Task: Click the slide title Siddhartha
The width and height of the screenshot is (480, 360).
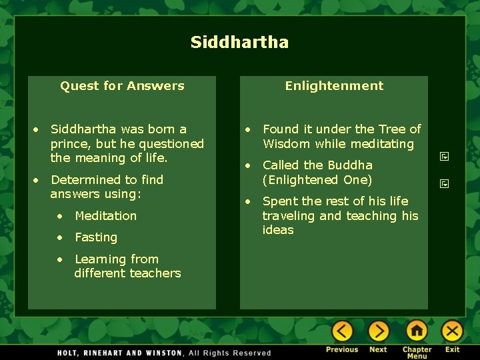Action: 239,43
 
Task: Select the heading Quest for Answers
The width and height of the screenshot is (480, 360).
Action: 122,85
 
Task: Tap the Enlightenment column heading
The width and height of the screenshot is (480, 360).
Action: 334,85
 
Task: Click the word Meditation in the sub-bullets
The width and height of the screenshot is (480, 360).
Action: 105,215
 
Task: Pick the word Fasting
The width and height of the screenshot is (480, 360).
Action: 96,237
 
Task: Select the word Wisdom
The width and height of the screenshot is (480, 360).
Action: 287,144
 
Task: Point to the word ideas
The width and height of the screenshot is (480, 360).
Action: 278,230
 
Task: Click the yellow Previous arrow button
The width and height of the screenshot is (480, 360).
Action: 342,331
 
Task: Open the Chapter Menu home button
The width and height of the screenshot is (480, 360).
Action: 417,331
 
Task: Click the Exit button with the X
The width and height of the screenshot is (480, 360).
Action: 452,331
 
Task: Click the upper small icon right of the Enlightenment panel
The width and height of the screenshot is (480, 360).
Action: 444,157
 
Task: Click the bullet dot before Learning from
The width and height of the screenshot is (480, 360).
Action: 60,259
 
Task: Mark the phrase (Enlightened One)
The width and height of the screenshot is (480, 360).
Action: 317,179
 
